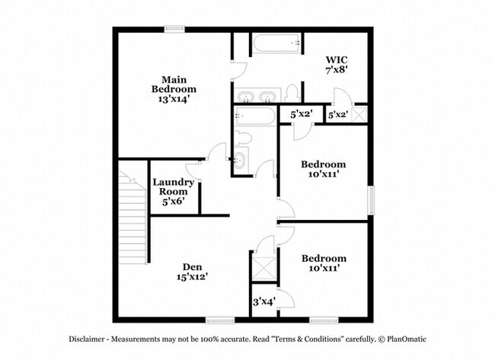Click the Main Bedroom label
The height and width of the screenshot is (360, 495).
tap(174, 84)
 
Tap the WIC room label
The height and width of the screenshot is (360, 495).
tap(337, 59)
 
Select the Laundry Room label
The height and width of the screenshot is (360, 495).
tap(174, 186)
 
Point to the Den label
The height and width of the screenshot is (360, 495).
tap(193, 267)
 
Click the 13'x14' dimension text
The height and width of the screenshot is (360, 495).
tap(174, 99)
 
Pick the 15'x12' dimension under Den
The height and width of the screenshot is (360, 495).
tap(192, 277)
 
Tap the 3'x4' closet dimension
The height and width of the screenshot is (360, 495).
tap(264, 302)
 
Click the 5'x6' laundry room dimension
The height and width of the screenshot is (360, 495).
tap(174, 201)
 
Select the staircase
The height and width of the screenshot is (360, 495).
tap(133, 217)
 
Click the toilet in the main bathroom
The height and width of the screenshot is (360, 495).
tap(292, 94)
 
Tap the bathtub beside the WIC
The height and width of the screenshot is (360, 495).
tap(276, 44)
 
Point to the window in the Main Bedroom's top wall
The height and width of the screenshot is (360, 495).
tap(174, 30)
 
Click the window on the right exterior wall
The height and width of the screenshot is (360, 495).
tap(371, 200)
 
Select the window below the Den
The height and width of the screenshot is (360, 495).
tap(220, 320)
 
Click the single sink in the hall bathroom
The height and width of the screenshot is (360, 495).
tap(240, 161)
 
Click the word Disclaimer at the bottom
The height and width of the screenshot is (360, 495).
tap(87, 339)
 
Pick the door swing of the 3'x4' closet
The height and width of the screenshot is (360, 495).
tap(286, 298)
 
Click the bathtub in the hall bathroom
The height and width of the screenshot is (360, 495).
tap(255, 116)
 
